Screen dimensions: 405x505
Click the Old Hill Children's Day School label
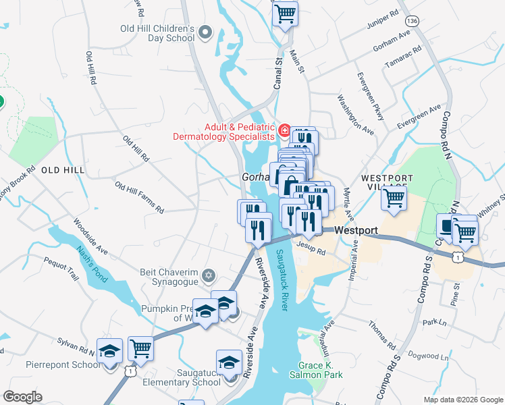[x=157, y=33]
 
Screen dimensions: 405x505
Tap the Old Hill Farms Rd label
[x=139, y=197]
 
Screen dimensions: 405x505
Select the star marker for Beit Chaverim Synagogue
[x=209, y=274]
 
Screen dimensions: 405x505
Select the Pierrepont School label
[x=62, y=364]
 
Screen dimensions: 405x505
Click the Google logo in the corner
[x=22, y=397]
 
